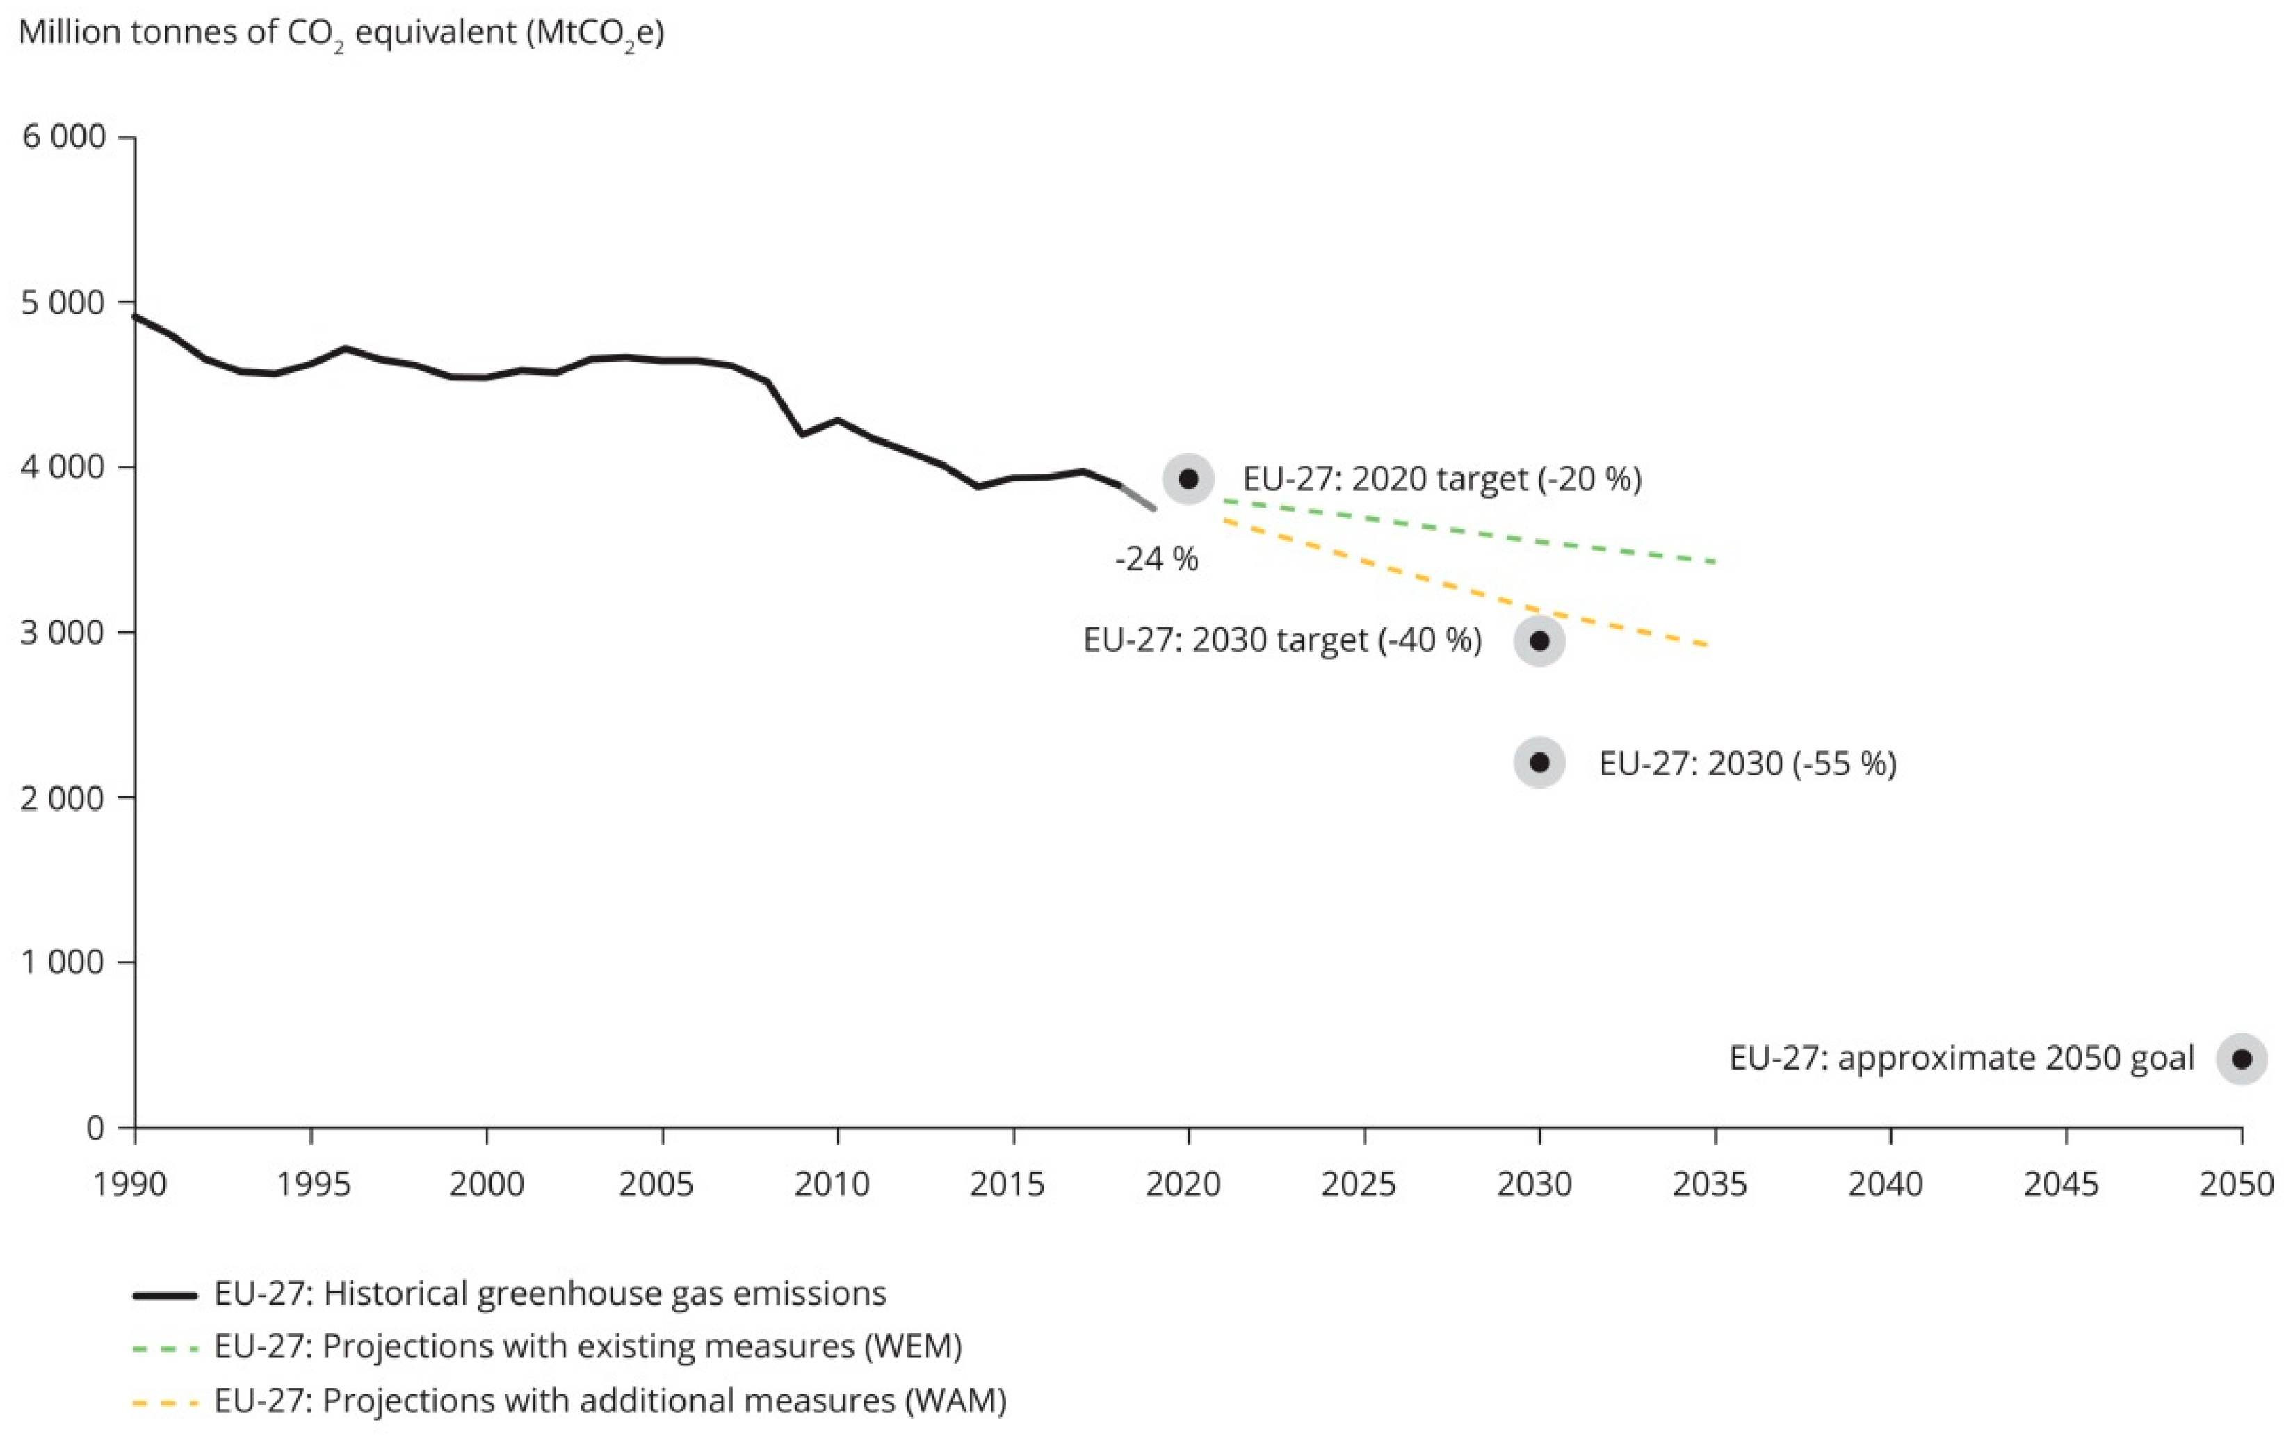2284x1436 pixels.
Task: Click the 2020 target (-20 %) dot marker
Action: pos(1188,478)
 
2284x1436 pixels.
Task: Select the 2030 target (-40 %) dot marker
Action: pos(1539,640)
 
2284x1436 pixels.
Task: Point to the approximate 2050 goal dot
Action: pos(2242,1058)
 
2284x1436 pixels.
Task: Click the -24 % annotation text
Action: pos(1156,560)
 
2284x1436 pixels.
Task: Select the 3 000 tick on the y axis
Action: pos(63,633)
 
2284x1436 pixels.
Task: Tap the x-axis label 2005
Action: pos(656,1184)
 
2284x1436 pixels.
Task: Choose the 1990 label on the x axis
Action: pos(131,1184)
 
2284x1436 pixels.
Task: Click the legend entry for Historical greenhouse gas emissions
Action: pos(550,1293)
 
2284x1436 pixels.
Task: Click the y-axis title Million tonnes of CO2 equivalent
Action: pos(341,33)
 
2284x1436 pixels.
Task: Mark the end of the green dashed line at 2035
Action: pos(1714,563)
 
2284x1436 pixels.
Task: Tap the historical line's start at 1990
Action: pos(136,316)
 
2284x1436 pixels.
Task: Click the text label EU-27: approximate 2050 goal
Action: pos(1961,1058)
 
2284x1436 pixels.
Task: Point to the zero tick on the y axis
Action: pos(95,1129)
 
